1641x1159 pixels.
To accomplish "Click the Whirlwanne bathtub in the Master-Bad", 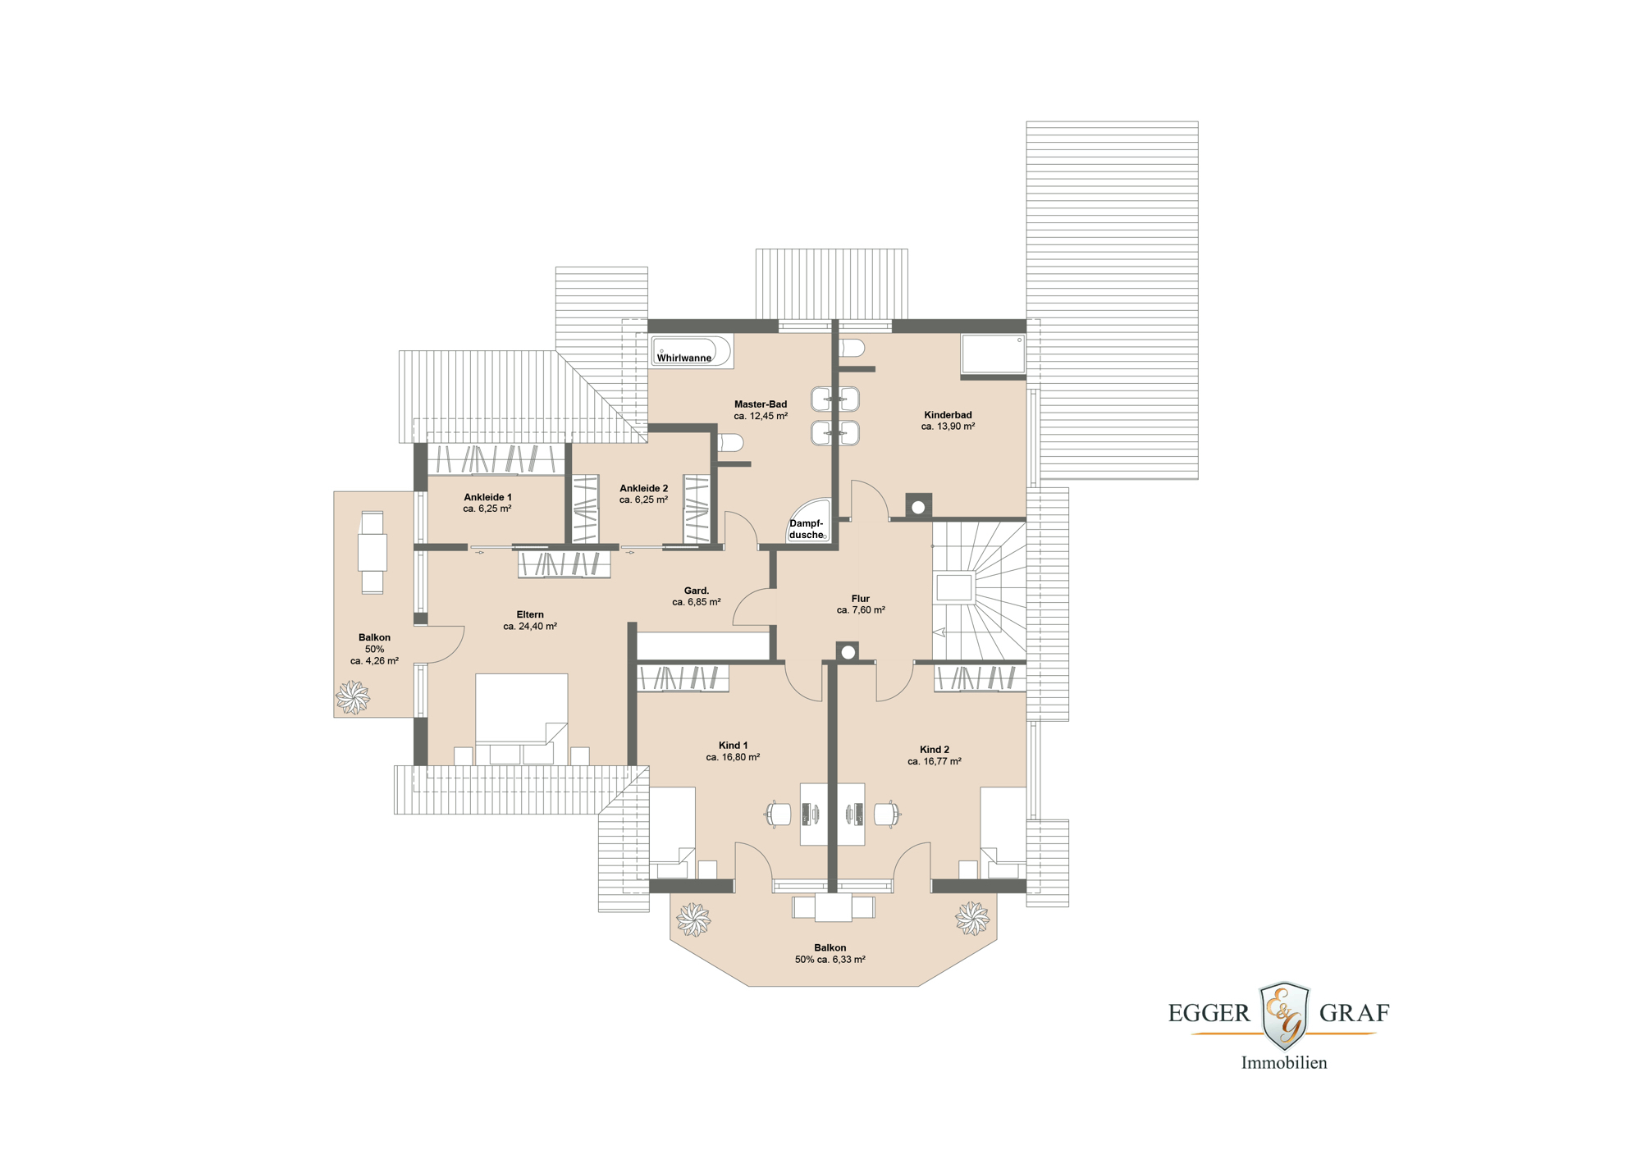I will pos(690,351).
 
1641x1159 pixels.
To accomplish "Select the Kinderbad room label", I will pos(948,415).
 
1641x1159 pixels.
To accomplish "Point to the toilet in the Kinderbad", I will pos(852,349).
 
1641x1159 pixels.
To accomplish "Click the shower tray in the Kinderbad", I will pos(993,354).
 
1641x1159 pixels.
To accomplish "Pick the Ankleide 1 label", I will pos(487,497).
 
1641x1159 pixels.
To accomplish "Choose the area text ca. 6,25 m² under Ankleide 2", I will pos(643,500).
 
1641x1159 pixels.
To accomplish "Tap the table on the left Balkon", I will pos(372,552).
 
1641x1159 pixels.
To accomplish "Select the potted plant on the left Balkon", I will pos(353,697).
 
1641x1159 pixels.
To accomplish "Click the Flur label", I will pos(860,599).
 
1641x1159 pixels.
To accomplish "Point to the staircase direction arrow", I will pos(939,632).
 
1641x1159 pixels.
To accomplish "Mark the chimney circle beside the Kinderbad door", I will pos(918,507).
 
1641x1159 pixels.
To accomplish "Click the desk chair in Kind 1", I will pos(779,814).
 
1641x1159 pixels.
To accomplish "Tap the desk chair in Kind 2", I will pos(887,814).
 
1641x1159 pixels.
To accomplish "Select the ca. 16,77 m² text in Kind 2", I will pos(934,761).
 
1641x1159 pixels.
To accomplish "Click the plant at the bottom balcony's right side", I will pos(971,918).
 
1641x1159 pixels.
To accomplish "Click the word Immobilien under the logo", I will pos(1283,1063).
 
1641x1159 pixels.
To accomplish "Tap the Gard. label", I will pos(697,591).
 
